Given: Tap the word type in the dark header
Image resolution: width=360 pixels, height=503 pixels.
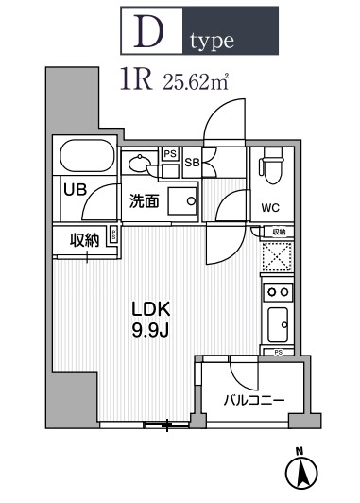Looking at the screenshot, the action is pos(209,42).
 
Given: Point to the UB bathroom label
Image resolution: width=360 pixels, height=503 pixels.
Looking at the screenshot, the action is pos(75,189).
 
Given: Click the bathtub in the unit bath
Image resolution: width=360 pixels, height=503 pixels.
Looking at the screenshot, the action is pos(88,155).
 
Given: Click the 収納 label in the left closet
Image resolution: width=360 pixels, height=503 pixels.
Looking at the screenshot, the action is pos(84,240).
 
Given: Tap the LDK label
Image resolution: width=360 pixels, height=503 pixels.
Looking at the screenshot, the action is pos(149,308).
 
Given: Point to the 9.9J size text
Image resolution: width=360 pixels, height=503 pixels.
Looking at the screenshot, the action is pos(149,330).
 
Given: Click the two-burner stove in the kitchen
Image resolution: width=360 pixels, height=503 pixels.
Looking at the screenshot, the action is pos(278,291).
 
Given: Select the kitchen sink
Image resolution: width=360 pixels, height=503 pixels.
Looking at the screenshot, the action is pos(278,327).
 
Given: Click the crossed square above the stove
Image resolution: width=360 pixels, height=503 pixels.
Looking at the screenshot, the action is pos(278,256).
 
